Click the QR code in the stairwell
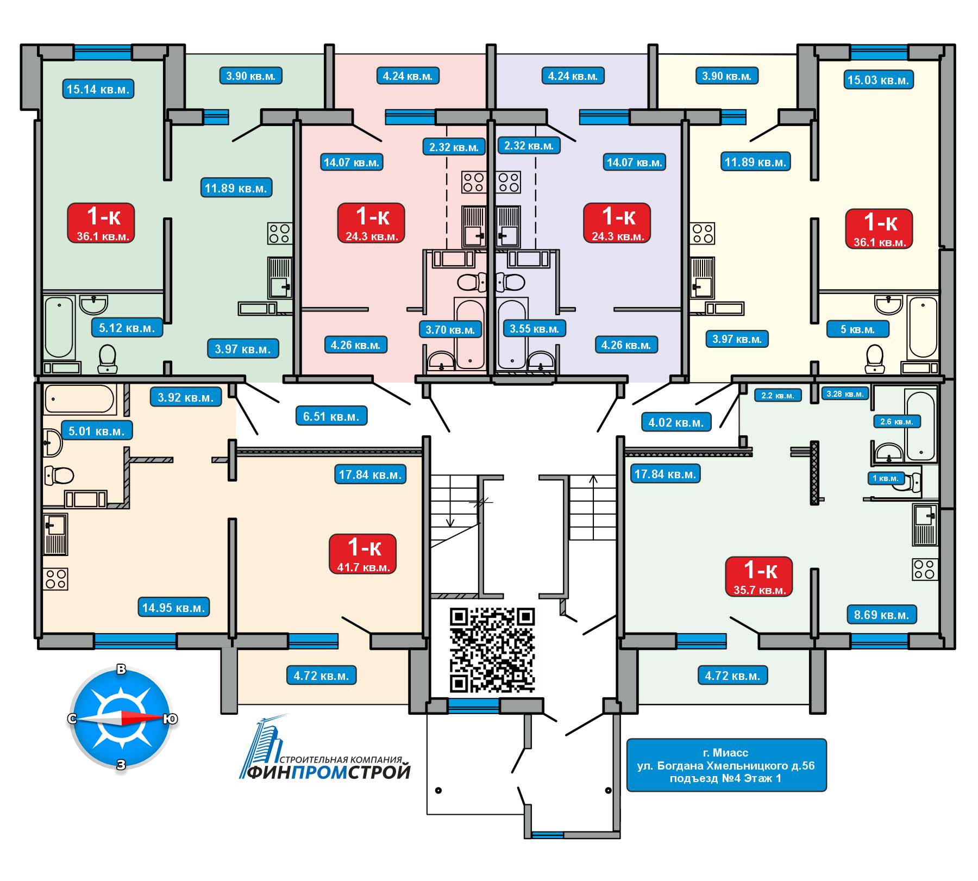[492, 649]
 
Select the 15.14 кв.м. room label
[98, 89]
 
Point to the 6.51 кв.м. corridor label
[331, 416]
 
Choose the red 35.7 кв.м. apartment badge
[760, 577]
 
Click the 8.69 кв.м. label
[881, 615]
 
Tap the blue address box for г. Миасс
[726, 765]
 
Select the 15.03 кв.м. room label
[877, 80]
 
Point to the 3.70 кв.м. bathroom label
[450, 329]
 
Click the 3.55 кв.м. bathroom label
[534, 328]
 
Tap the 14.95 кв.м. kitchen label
[173, 607]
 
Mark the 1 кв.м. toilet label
[885, 478]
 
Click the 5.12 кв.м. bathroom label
[127, 328]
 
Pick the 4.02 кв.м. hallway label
[675, 422]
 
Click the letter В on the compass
[122, 670]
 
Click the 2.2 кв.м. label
[777, 395]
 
